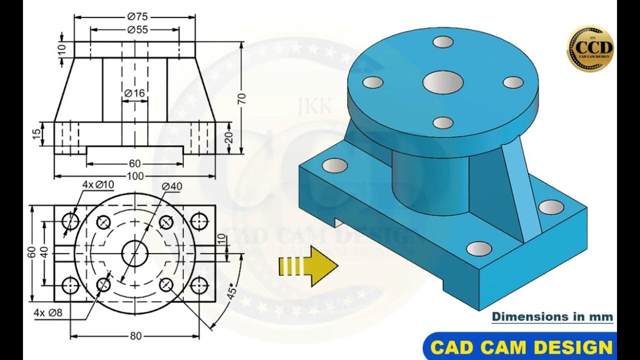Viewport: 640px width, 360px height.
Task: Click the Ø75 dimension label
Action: pos(137,17)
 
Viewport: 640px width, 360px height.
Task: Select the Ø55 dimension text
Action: pos(137,29)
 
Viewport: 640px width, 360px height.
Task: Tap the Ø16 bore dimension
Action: pos(135,93)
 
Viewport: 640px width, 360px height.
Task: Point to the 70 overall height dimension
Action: pos(241,98)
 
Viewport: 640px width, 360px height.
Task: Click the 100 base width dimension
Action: pos(135,176)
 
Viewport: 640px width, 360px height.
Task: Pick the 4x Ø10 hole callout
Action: pos(98,184)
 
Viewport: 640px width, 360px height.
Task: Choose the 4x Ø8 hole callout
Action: pos(48,312)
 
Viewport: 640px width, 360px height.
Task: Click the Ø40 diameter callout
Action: pos(171,186)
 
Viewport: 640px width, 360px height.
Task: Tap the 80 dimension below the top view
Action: pos(135,336)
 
